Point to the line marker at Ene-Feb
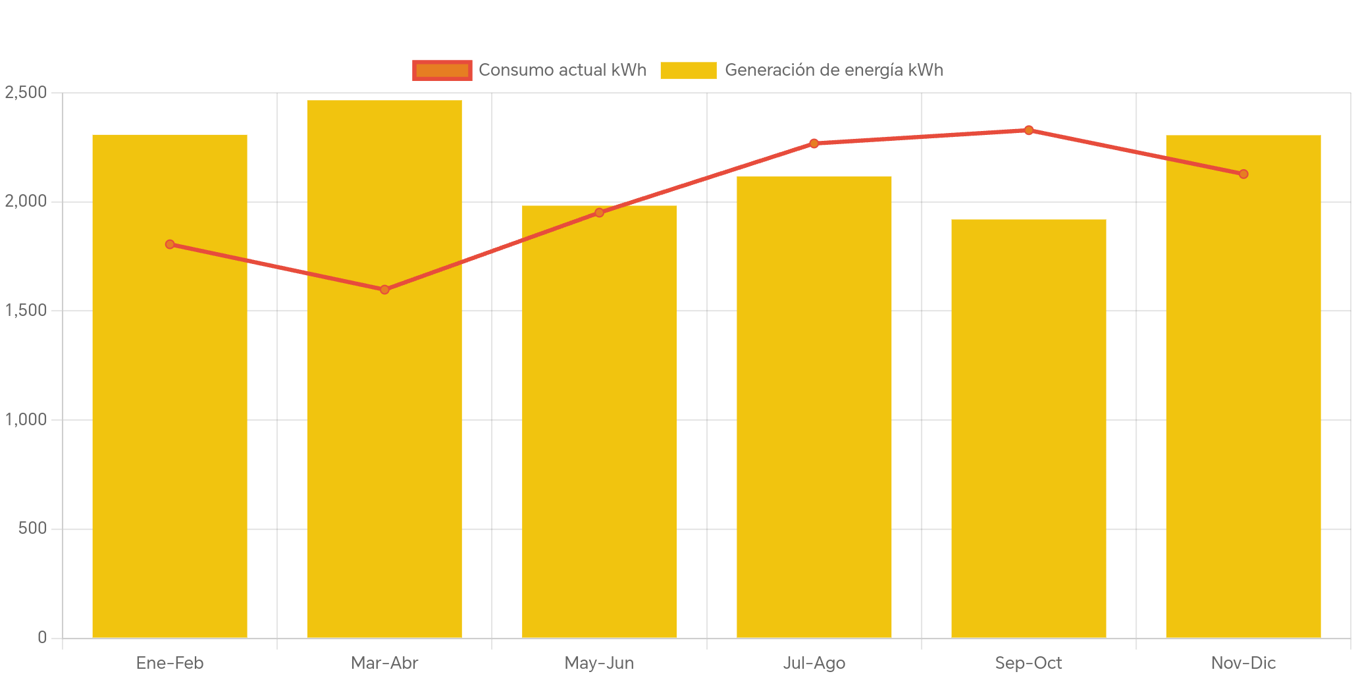(170, 244)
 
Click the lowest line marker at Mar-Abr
(384, 290)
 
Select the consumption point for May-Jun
(599, 213)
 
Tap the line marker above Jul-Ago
(814, 143)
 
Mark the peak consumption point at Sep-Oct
(1028, 130)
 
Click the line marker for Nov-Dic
(1243, 174)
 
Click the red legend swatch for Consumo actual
(442, 70)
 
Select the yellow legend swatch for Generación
(688, 70)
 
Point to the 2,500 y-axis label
(26, 93)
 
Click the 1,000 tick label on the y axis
(26, 419)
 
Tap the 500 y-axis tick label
(33, 529)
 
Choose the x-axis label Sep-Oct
(1028, 663)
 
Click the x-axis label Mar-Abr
(384, 663)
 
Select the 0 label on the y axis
(42, 637)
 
